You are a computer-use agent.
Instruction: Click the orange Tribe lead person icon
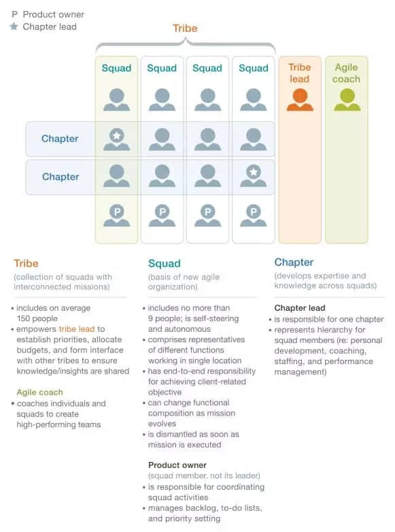pyautogui.click(x=300, y=99)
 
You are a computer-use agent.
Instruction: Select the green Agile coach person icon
pyautogui.click(x=347, y=99)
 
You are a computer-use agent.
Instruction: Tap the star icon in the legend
pyautogui.click(x=14, y=27)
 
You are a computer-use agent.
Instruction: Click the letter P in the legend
pyautogui.click(x=14, y=14)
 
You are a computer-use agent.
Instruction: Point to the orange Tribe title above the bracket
pyautogui.click(x=185, y=28)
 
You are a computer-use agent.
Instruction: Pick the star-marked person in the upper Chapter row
pyautogui.click(x=117, y=139)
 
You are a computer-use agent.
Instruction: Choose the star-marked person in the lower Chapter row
pyautogui.click(x=254, y=176)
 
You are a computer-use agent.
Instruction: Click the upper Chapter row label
pyautogui.click(x=60, y=138)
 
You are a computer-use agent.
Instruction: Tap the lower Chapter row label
pyautogui.click(x=61, y=176)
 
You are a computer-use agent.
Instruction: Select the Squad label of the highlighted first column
pyautogui.click(x=116, y=68)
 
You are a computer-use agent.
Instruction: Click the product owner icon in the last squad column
pyautogui.click(x=254, y=216)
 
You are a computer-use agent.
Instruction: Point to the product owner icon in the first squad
pyautogui.click(x=117, y=216)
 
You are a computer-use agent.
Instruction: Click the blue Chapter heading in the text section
pyautogui.click(x=294, y=262)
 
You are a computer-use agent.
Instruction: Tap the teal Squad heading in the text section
pyautogui.click(x=164, y=263)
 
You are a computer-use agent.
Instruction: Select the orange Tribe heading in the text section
pyautogui.click(x=26, y=263)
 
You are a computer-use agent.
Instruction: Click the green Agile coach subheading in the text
pyautogui.click(x=39, y=393)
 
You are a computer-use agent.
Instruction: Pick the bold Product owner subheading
pyautogui.click(x=177, y=465)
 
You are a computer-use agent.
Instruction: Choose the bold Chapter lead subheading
pyautogui.click(x=300, y=307)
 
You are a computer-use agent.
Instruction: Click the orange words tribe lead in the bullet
pyautogui.click(x=77, y=329)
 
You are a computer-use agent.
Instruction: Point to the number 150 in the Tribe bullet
pyautogui.click(x=23, y=318)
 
